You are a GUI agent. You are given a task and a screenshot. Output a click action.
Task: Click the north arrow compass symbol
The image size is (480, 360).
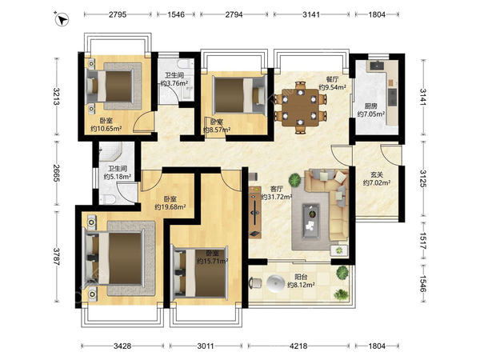click(62, 19)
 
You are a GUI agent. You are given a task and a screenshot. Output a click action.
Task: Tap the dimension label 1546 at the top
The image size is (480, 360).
click(176, 14)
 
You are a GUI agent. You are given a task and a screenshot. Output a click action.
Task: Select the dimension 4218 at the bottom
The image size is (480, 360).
click(298, 346)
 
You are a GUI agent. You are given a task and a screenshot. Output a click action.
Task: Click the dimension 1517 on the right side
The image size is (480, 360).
click(422, 241)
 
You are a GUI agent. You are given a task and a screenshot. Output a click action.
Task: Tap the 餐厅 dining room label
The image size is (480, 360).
click(332, 79)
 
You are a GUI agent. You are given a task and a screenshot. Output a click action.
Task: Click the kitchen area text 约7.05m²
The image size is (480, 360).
click(370, 114)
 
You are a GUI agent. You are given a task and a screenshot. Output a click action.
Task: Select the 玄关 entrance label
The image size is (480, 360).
click(377, 174)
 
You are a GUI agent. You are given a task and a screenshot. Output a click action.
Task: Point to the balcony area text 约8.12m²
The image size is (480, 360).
click(301, 285)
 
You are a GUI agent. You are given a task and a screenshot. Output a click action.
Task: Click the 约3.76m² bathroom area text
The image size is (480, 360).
click(174, 83)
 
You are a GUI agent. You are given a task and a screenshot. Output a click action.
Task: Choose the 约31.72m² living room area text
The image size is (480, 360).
click(276, 197)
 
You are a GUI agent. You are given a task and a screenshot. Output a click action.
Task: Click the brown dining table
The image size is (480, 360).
click(300, 107)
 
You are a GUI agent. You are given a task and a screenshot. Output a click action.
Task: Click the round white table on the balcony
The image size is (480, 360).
click(276, 283)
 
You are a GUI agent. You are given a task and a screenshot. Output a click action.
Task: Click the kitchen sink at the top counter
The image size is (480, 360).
click(377, 66)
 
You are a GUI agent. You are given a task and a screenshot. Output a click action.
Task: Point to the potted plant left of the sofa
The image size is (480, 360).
click(294, 180)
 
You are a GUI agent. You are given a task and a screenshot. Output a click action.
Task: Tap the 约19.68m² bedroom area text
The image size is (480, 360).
click(170, 207)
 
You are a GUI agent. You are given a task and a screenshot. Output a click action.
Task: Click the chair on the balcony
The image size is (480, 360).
click(255, 283)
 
